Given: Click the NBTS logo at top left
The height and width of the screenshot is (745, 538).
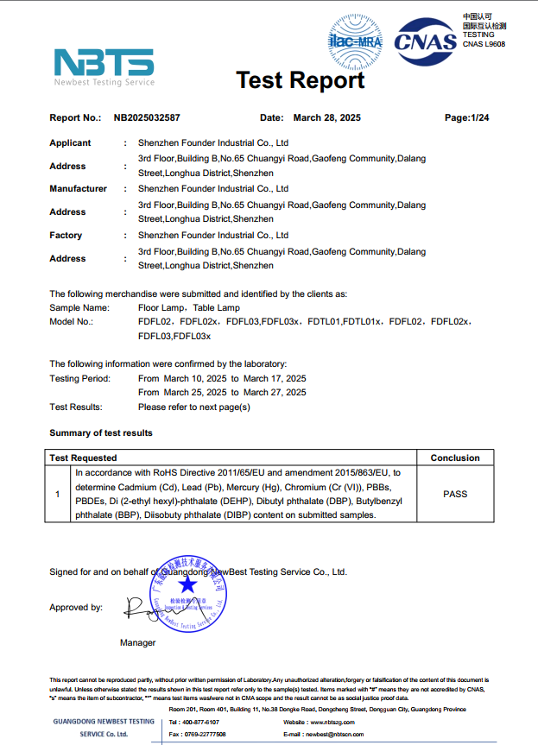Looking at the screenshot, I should point(104,66).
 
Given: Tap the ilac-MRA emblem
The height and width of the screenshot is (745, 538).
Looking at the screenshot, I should point(355,40).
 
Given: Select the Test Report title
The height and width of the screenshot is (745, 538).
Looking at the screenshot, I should point(301,80).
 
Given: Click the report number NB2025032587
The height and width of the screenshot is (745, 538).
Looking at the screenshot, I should point(147,117).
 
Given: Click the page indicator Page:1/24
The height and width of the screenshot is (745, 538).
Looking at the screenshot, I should point(466,117).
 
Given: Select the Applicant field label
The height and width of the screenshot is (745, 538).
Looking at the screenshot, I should point(70,143).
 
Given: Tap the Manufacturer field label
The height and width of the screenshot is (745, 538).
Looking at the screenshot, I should point(78,189).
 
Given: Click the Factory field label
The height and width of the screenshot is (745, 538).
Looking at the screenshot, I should point(66,235).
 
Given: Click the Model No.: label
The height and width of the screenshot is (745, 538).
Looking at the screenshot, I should point(71,321).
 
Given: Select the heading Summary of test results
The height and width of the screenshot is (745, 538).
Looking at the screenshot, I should point(101,432).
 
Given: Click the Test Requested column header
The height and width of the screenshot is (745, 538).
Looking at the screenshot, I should point(83,458).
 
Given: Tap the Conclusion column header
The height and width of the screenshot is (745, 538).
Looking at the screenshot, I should point(455,458).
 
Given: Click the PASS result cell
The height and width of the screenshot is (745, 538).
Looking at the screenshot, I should point(455,494).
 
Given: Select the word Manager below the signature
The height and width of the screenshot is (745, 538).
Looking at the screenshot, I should point(138,642).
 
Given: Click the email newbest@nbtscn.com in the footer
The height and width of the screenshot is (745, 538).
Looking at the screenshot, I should point(332,734).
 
